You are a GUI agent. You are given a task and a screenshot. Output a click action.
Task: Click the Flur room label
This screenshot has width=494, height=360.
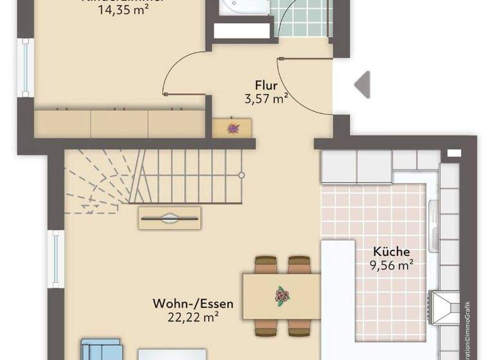pyautogui.click(x=266, y=84)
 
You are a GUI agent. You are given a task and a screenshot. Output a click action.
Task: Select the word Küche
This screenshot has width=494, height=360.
pyautogui.click(x=391, y=252)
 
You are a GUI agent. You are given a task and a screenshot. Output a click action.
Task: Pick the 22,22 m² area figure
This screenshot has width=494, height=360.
pyautogui.click(x=193, y=316)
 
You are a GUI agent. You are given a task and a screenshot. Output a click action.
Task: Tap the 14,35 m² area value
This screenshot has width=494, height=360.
pyautogui.click(x=125, y=11)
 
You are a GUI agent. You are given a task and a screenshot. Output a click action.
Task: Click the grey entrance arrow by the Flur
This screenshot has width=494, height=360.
pyautogui.click(x=362, y=84)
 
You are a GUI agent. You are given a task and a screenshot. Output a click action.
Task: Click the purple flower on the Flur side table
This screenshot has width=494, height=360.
pyautogui.click(x=232, y=128)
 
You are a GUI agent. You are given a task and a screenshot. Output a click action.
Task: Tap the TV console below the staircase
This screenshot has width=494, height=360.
pyautogui.click(x=169, y=218)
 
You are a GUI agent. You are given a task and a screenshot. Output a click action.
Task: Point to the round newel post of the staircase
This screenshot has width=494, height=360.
pyautogui.click(x=241, y=174)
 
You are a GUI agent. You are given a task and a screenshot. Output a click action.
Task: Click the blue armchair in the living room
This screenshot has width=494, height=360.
pyautogui.click(x=100, y=350)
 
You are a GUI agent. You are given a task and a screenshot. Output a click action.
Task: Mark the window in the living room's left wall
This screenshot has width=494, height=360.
pyautogui.click(x=55, y=259)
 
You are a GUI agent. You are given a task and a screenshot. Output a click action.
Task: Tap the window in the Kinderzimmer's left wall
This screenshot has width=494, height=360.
pyautogui.click(x=25, y=67)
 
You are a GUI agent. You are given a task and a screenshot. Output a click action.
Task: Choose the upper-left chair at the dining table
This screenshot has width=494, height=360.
pyautogui.click(x=266, y=264)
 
